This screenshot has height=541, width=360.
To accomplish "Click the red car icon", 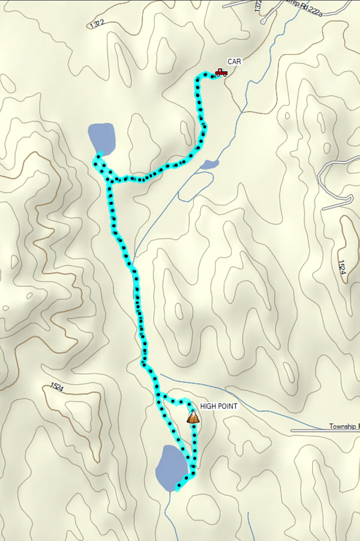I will point(221,73).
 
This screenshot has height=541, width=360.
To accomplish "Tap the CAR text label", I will point(233,61).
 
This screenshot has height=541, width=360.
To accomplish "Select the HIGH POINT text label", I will point(219,407).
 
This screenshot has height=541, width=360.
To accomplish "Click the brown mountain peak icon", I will point(193,417).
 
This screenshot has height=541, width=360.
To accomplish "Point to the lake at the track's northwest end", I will point(101,138).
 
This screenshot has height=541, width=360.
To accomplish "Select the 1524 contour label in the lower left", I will point(57,388).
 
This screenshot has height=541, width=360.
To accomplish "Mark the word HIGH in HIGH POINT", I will point(209,407).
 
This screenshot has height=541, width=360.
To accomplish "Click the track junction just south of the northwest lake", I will point(110,179).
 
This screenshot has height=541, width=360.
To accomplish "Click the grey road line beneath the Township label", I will point(324,432).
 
